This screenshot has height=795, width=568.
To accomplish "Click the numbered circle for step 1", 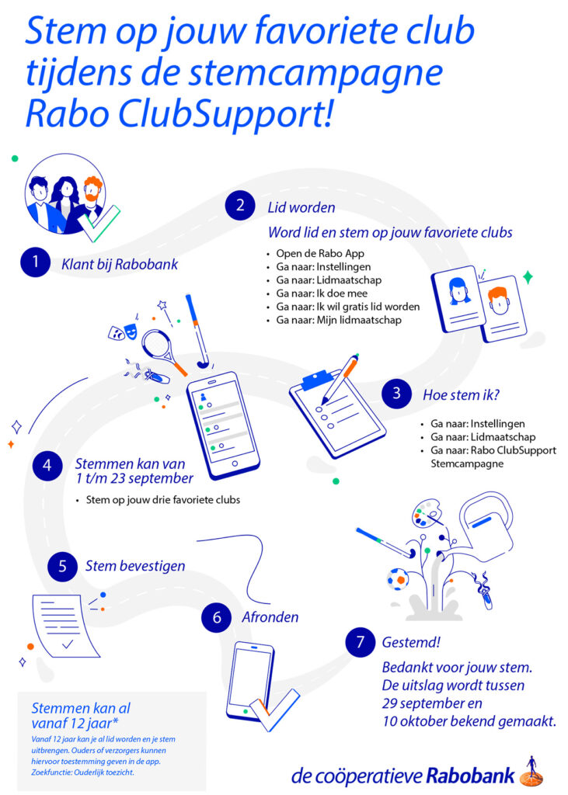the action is (x=36, y=262).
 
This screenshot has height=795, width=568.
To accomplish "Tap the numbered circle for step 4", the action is (x=47, y=465).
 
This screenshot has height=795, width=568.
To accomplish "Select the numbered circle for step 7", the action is (x=360, y=642).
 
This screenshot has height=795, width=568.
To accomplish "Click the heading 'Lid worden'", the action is (x=301, y=207).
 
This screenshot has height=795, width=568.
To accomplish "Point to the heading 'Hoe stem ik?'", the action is (x=461, y=395).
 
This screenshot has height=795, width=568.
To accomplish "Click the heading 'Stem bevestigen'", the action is (x=135, y=566).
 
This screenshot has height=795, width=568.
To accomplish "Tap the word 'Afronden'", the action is (x=270, y=617).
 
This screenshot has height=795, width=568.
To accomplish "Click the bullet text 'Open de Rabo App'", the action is (x=320, y=253).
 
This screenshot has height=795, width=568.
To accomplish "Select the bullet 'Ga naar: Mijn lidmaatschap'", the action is (x=339, y=320).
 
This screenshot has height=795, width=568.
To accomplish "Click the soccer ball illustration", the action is (x=398, y=578).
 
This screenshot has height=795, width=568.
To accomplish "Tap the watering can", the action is (x=485, y=525).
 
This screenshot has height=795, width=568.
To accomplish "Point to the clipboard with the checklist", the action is (x=337, y=405).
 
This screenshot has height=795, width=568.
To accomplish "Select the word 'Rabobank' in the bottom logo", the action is (x=469, y=776).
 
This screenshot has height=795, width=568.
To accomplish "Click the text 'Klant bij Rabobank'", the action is (x=120, y=264).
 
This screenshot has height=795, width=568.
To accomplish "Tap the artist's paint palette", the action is (x=425, y=513).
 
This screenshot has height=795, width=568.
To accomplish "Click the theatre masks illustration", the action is (x=124, y=331).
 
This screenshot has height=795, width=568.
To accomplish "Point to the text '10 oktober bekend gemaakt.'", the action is (x=469, y=721).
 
